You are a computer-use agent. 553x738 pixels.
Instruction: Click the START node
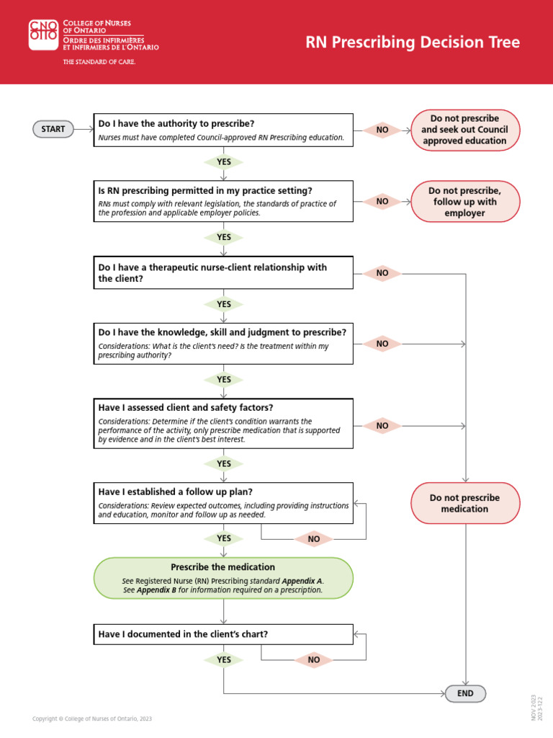point(53,129)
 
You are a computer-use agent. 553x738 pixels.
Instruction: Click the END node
point(465,693)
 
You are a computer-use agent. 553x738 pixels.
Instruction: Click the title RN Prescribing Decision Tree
point(413,43)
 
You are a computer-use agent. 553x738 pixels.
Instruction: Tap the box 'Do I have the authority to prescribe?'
point(224,130)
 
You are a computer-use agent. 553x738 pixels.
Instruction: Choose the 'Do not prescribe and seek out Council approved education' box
point(464,130)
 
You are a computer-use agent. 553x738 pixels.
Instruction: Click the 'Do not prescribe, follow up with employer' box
point(464,202)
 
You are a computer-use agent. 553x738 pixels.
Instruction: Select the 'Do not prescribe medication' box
point(464,503)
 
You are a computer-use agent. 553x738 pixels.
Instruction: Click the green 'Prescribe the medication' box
point(224,578)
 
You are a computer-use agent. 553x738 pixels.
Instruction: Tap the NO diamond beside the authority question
point(382,130)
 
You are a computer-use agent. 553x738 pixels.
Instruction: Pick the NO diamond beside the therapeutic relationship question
point(382,273)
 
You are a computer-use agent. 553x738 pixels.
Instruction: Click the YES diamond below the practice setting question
point(224,237)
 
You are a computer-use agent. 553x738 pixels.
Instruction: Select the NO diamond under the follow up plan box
point(314,539)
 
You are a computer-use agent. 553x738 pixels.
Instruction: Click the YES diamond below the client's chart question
point(224,659)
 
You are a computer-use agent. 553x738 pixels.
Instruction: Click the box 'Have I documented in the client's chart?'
point(224,634)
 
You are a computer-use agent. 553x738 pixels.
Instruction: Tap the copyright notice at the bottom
point(92,719)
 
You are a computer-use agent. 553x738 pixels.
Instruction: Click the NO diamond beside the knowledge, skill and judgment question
point(382,344)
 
